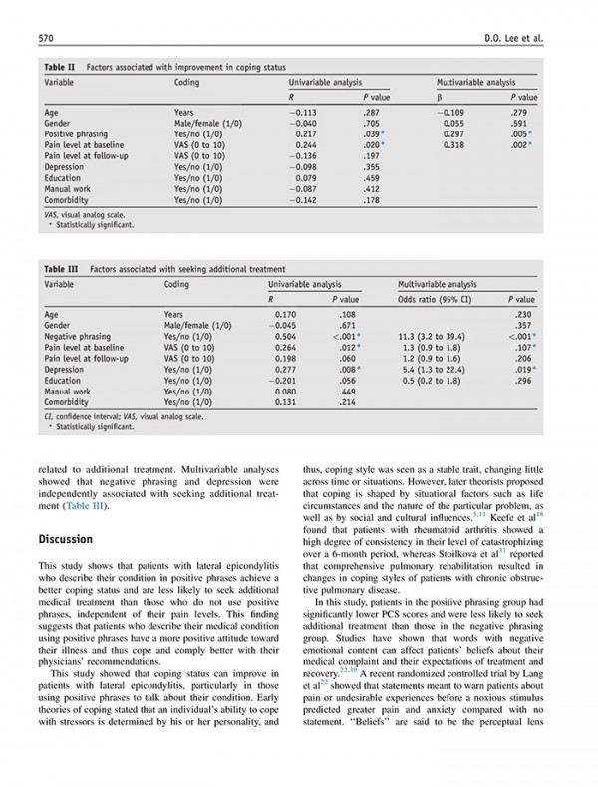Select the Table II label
click(x=58, y=65)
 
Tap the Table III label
click(x=60, y=269)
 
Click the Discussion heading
click(x=66, y=539)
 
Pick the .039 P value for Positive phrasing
click(x=376, y=133)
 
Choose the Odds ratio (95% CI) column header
click(x=435, y=299)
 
